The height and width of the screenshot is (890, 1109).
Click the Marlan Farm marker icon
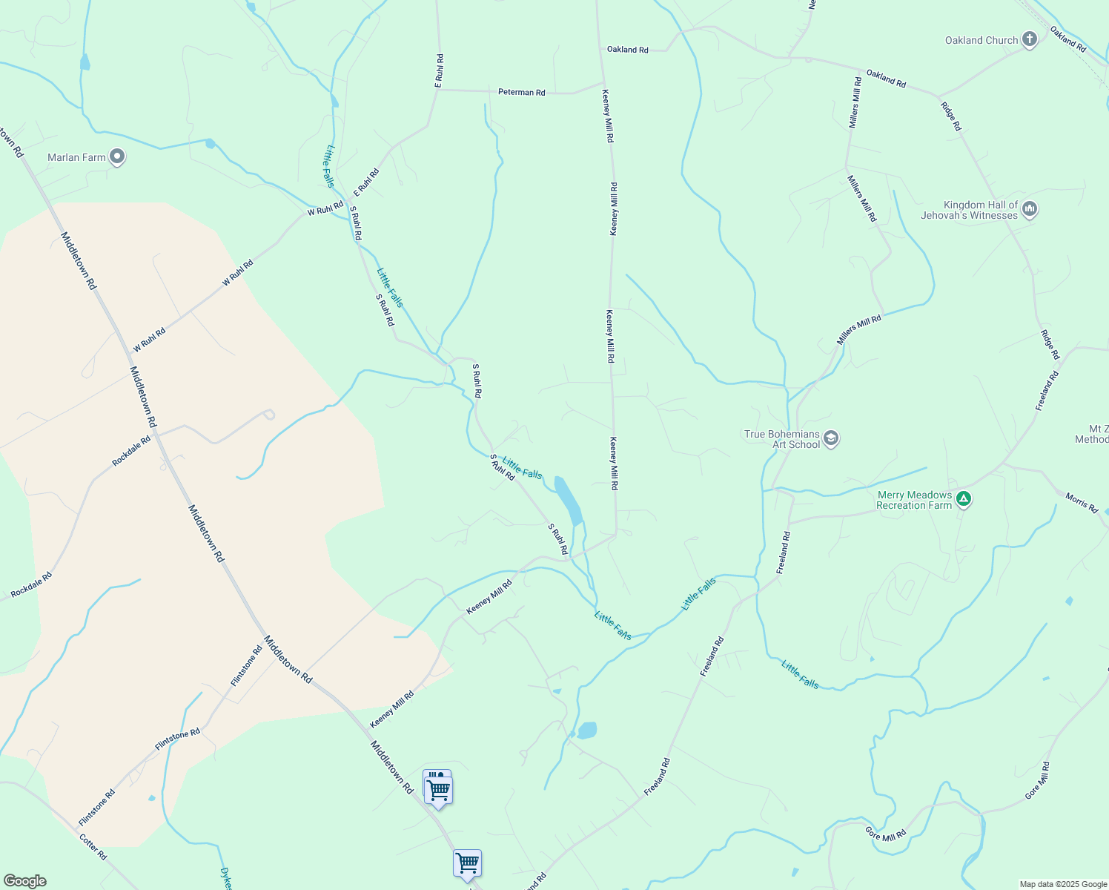[x=117, y=156]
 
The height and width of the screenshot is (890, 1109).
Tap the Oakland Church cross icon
[x=1029, y=39]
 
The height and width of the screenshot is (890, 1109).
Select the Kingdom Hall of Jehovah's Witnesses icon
[x=1029, y=209]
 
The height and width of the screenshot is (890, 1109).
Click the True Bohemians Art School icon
[x=831, y=438]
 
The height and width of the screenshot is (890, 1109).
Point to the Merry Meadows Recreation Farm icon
[x=964, y=499]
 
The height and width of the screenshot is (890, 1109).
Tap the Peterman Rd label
[x=522, y=93]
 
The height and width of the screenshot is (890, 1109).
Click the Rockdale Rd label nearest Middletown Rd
[x=131, y=451]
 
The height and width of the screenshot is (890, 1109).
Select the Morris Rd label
[x=1082, y=503]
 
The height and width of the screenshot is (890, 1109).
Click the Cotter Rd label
[x=93, y=846]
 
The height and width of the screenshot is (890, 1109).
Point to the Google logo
[x=24, y=881]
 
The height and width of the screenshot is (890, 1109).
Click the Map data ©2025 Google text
[x=1063, y=884]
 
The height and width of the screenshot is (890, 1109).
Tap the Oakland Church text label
[x=981, y=41]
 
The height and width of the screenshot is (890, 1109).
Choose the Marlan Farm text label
[x=76, y=157]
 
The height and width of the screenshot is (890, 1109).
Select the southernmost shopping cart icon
[x=467, y=863]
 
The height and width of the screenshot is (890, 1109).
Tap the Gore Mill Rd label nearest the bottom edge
[x=886, y=834]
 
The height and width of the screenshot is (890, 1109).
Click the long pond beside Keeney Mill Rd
[x=569, y=501]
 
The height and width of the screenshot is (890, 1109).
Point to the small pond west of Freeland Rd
[x=586, y=731]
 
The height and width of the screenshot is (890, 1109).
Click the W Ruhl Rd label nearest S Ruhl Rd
[x=326, y=208]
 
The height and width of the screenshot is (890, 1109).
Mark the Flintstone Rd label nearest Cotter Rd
[x=97, y=808]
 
